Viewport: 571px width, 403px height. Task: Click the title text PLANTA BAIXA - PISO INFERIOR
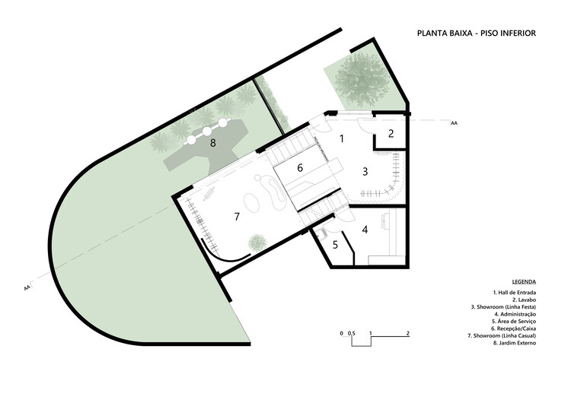pos(477,33)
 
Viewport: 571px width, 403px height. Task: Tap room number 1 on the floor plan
pos(342,138)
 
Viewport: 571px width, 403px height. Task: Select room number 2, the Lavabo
pos(391,134)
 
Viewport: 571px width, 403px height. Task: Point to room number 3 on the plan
pos(365,172)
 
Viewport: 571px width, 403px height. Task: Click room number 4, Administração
pos(365,229)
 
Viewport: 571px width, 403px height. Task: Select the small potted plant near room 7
pos(257,243)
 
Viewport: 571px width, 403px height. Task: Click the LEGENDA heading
pos(525,281)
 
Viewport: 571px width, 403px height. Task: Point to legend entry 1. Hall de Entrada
pos(515,293)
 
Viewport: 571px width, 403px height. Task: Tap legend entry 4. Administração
pos(515,314)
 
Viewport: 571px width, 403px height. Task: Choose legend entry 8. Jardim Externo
pos(515,343)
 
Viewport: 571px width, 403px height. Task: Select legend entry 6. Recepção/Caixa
pos(515,328)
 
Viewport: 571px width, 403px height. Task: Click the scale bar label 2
pos(409,334)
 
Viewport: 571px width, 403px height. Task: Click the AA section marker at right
pos(454,122)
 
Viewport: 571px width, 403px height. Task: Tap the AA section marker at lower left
pos(27,288)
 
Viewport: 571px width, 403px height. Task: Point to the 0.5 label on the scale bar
pos(351,334)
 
